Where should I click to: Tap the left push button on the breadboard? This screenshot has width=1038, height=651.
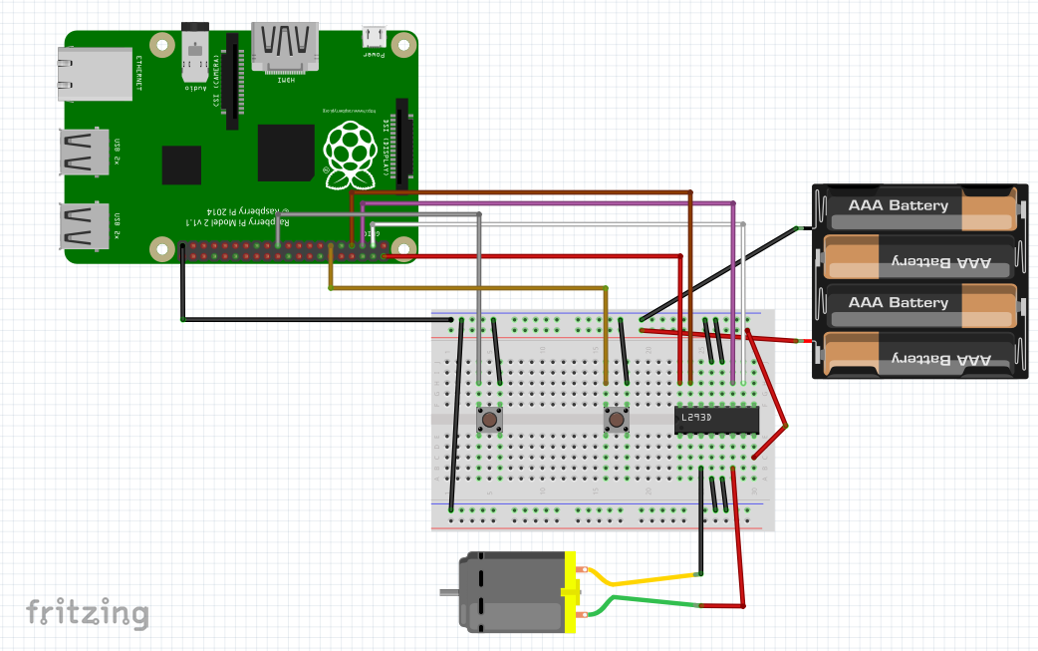click(489, 420)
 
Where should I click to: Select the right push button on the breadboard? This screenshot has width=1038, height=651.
click(617, 420)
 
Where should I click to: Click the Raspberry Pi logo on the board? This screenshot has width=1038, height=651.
click(350, 155)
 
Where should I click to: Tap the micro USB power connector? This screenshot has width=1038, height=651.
click(375, 37)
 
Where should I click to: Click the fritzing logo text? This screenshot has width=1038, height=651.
click(88, 612)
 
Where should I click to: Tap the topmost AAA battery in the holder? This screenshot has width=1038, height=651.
click(916, 205)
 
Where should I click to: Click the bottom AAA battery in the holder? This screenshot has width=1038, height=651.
click(916, 357)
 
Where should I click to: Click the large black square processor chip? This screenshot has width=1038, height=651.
click(286, 153)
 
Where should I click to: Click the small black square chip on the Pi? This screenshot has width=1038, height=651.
click(181, 165)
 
